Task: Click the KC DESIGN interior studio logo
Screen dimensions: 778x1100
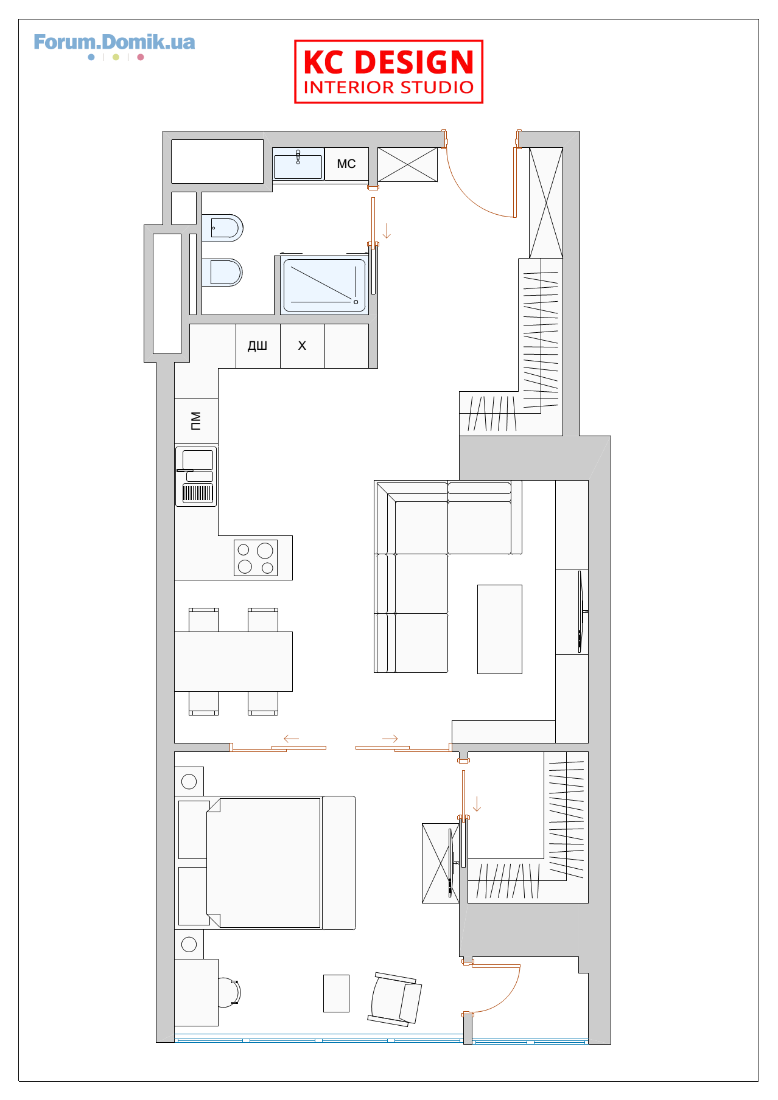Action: [x=388, y=72]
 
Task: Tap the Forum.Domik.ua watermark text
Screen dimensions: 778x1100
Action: [x=114, y=42]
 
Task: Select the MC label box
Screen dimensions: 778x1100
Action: [x=346, y=164]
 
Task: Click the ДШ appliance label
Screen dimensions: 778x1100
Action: [x=258, y=346]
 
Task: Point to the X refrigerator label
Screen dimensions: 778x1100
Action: [x=302, y=346]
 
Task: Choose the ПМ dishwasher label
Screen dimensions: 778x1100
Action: [x=195, y=420]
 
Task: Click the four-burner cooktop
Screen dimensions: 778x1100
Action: [x=256, y=558]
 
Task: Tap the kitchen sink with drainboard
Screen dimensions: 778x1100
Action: [x=196, y=476]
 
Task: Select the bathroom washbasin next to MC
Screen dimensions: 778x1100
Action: [x=298, y=165]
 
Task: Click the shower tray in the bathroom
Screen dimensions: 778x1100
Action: [x=324, y=285]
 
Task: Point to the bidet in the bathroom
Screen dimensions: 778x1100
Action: [x=223, y=228]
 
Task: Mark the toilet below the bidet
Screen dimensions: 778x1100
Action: [x=222, y=272]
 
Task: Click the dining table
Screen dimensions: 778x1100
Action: [x=233, y=661]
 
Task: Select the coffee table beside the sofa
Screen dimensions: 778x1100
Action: [x=500, y=629]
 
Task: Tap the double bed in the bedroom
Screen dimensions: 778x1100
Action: [x=267, y=863]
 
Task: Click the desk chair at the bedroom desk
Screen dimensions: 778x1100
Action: [x=229, y=992]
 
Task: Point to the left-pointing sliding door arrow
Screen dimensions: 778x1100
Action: [x=291, y=739]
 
